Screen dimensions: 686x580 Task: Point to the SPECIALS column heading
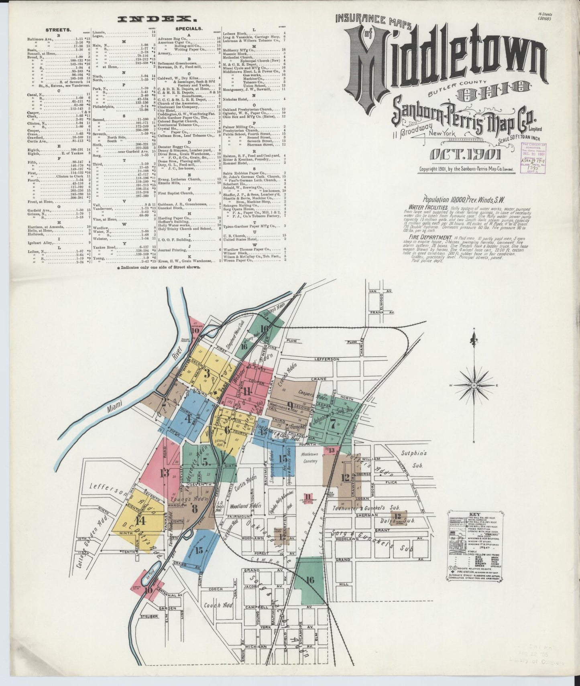coord(189,29)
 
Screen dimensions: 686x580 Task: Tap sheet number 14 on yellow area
coord(140,521)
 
